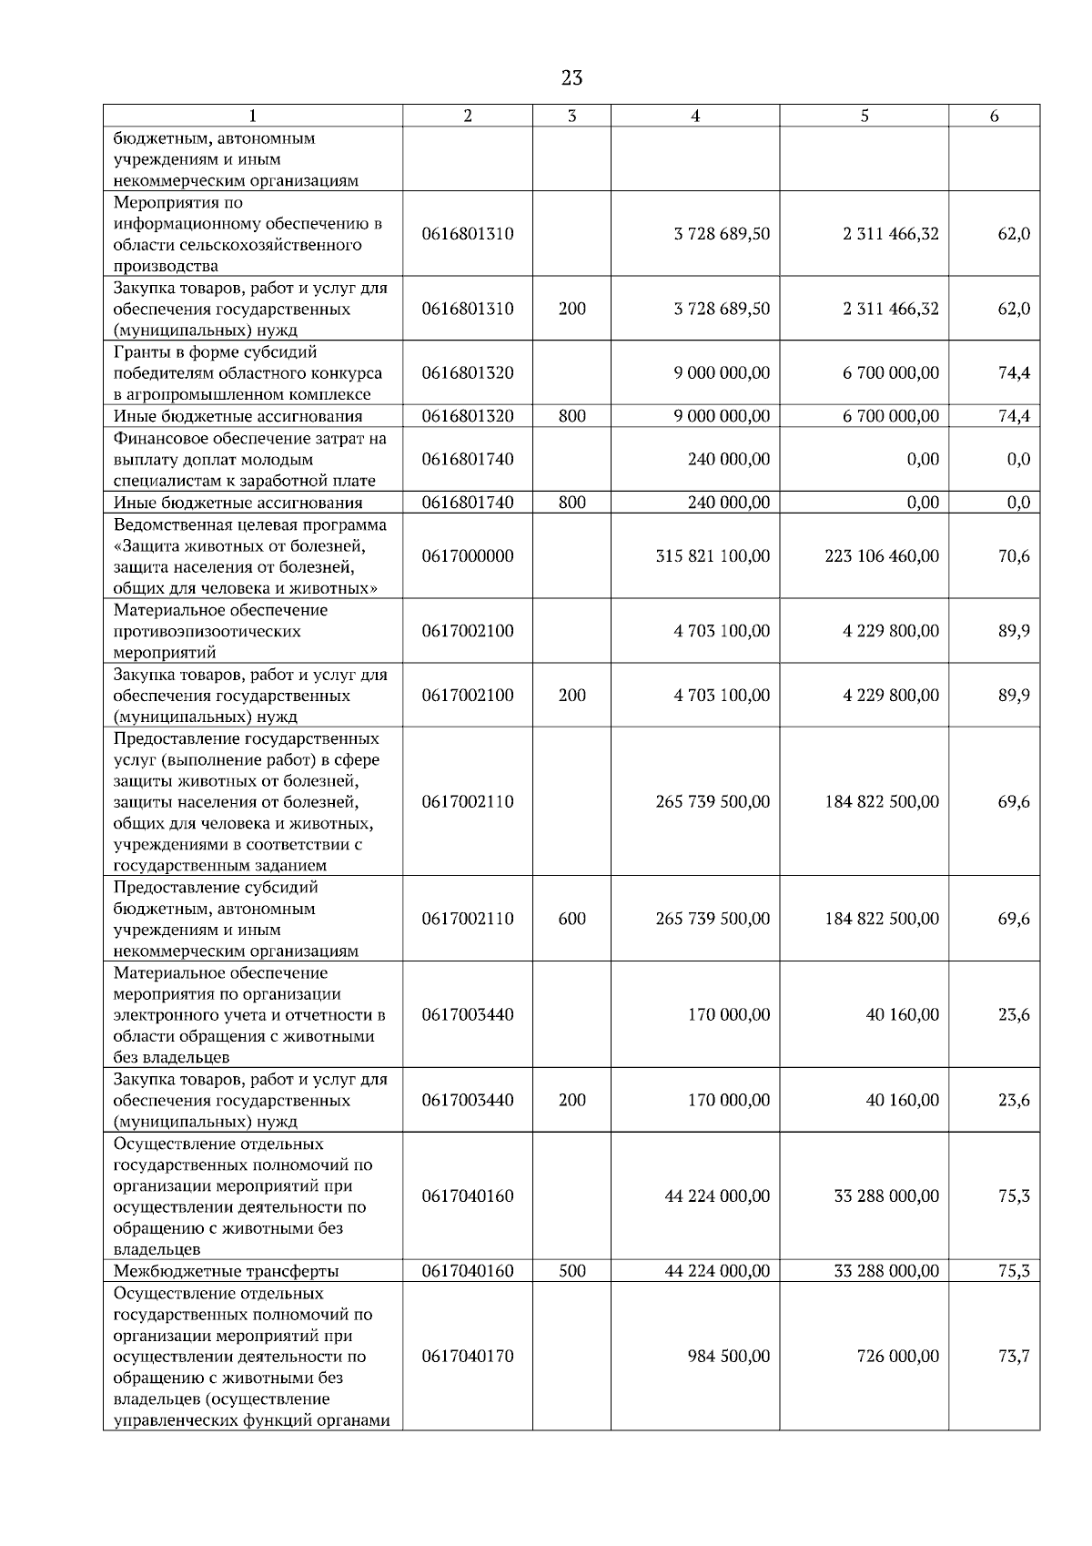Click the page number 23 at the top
coord(571,78)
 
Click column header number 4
coord(695,116)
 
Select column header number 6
coord(994,116)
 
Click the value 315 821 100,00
coord(713,556)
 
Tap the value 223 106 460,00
coord(882,556)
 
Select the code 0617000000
coord(468,556)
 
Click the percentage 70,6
coord(1014,556)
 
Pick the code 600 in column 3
coord(571,919)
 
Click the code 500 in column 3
coord(571,1271)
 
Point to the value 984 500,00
coord(728,1357)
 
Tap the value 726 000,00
coord(897,1357)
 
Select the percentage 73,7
coord(1014,1357)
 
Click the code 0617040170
coord(468,1357)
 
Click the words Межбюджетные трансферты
coord(226,1271)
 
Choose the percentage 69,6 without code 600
coord(1014,802)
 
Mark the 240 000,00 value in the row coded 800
coord(728,503)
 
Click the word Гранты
coord(139,352)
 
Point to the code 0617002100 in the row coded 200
coord(468,696)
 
